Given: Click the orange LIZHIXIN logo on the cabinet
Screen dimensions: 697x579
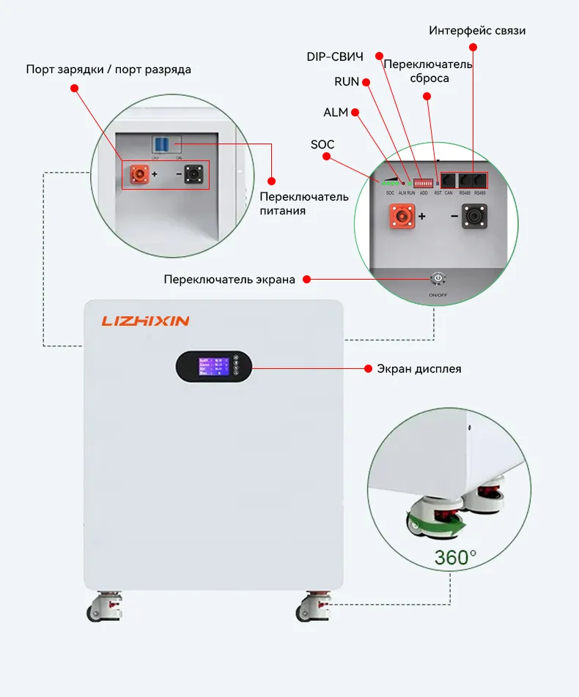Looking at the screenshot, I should [x=146, y=321].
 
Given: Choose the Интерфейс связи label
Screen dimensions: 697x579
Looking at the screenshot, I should [x=477, y=31].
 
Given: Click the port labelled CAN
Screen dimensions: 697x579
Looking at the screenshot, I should [x=448, y=179].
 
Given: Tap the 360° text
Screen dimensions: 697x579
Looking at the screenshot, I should [x=454, y=556].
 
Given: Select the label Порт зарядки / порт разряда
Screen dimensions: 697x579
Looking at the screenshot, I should [x=108, y=70].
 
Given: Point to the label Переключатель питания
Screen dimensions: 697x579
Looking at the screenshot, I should [x=294, y=204].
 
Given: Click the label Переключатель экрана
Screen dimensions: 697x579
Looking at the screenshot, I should [x=229, y=279].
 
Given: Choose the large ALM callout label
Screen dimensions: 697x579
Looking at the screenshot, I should [x=336, y=112].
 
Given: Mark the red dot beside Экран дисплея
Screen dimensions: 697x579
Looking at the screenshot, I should [x=369, y=368].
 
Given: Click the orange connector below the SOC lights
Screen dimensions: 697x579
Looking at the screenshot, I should [x=401, y=217].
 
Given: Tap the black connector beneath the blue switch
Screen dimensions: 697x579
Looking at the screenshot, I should [x=196, y=174].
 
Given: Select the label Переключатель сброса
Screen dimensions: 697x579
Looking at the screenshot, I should [x=429, y=71].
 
